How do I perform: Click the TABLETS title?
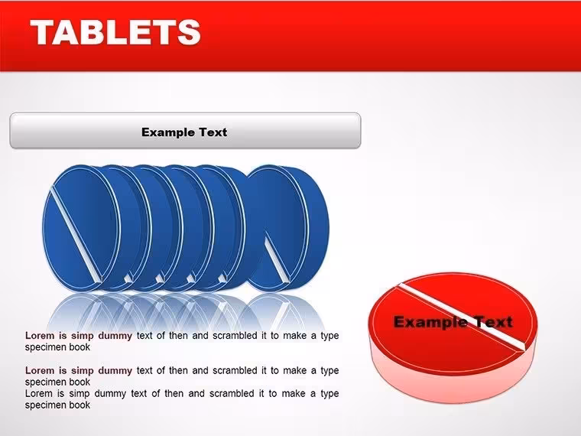[x=115, y=32]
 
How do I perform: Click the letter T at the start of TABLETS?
[x=43, y=32]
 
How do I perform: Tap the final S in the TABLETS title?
[x=189, y=32]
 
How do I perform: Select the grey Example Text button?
[x=185, y=131]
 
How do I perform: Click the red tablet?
[x=453, y=337]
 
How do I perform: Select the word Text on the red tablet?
[x=490, y=322]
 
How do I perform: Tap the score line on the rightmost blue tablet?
[x=278, y=259]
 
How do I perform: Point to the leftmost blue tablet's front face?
[x=82, y=227]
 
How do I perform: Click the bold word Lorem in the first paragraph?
[x=39, y=336]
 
